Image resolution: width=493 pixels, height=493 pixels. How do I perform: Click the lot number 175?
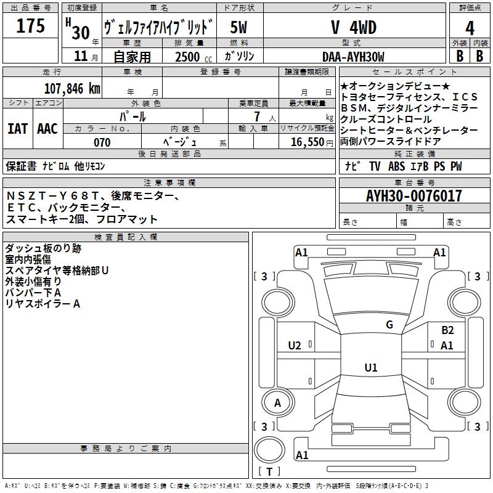31,26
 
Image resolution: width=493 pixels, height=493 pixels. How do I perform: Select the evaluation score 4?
470,28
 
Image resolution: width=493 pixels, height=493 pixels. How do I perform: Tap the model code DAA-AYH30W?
353,57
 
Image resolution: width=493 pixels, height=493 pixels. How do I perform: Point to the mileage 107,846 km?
73,88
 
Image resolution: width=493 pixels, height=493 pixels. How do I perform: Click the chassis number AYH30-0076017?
414,197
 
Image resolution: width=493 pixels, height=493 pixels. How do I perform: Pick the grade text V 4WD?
353,28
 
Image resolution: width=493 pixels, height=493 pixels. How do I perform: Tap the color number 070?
102,142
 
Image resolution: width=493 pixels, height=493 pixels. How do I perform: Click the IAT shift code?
17,129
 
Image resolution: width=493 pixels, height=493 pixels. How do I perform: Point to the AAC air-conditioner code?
47,129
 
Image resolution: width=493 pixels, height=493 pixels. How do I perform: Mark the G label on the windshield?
389,325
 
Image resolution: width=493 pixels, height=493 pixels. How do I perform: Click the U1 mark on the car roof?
370,368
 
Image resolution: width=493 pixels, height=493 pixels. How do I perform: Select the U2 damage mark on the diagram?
295,346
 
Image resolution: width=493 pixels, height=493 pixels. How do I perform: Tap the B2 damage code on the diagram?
447,330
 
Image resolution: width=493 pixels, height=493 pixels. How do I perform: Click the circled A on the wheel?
277,403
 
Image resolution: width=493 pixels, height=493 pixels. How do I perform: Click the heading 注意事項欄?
169,183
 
